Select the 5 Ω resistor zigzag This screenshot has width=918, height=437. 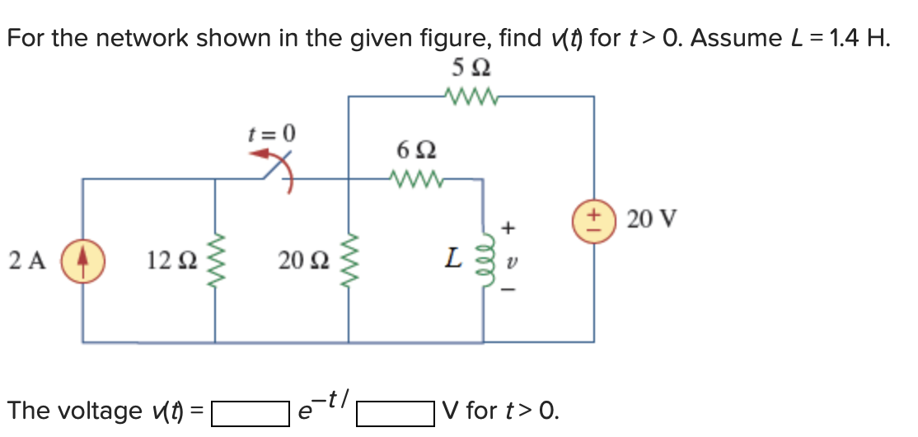coord(471,97)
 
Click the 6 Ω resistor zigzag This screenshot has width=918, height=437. coord(416,178)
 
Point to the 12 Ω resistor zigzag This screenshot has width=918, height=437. coord(216,261)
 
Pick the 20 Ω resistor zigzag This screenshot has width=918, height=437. coord(349,261)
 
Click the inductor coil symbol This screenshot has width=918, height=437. coord(483,261)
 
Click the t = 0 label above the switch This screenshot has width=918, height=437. coord(272,132)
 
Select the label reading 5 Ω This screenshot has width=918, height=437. coord(473,67)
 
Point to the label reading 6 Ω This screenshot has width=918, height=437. coord(416,151)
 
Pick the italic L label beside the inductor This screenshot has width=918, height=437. coord(453,260)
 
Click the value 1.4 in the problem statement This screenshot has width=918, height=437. coord(842,38)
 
